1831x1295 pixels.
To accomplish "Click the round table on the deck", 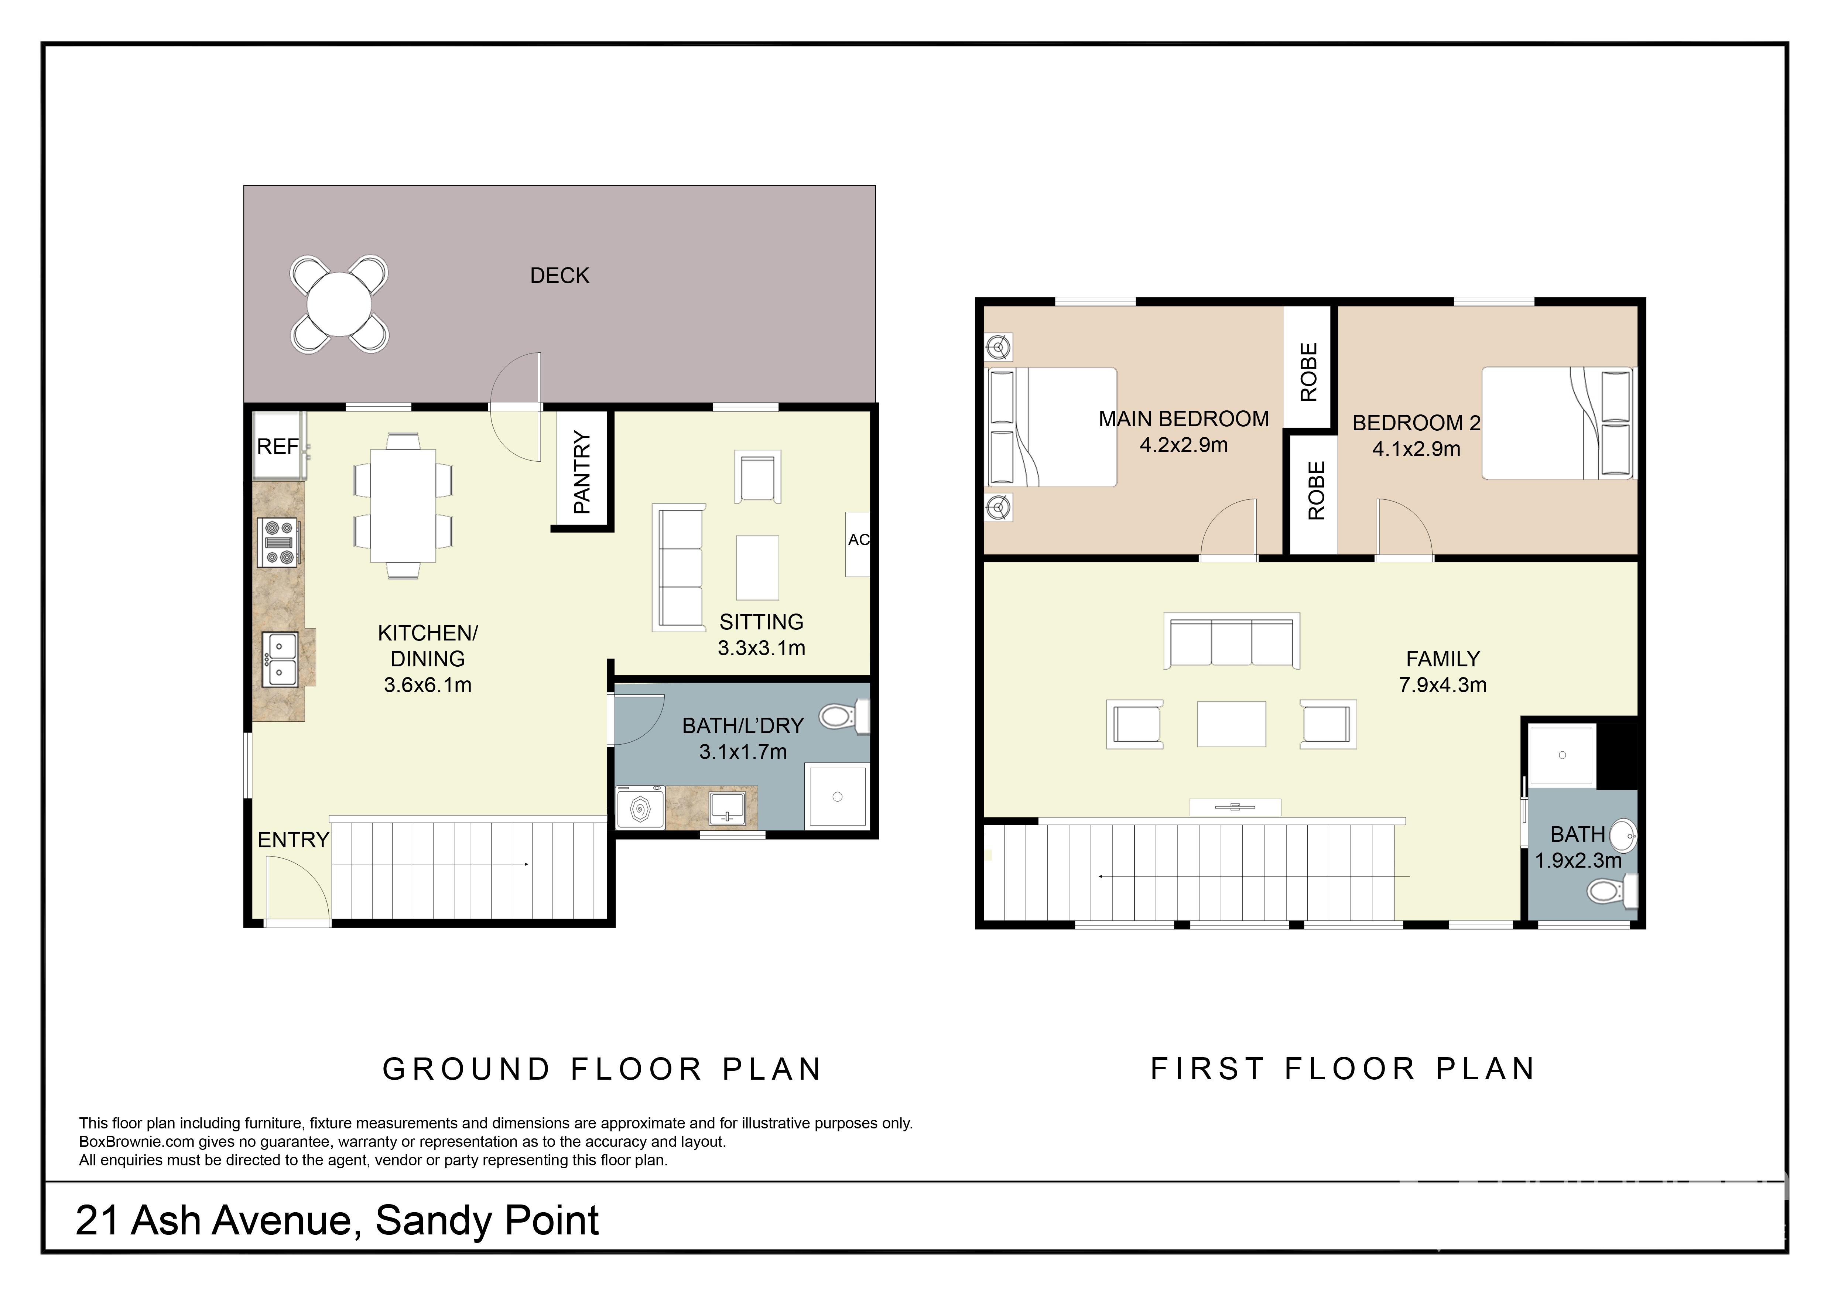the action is tap(339, 305).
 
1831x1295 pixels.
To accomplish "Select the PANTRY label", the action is tap(582, 472).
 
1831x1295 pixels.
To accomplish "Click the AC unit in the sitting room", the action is tap(858, 544).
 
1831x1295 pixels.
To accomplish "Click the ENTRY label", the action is tap(294, 840).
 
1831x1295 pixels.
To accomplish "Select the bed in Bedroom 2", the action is tap(1557, 423).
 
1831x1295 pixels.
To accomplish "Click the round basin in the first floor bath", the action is tap(1623, 836).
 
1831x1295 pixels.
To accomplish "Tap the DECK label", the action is tap(560, 276).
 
